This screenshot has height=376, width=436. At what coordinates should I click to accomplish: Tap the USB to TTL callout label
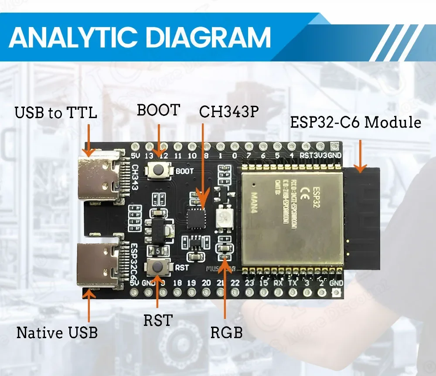[56, 113]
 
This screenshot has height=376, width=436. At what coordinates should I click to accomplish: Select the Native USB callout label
[57, 333]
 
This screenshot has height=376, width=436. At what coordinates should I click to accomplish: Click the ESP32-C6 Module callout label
[356, 122]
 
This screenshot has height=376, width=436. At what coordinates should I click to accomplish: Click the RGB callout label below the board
[226, 333]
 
